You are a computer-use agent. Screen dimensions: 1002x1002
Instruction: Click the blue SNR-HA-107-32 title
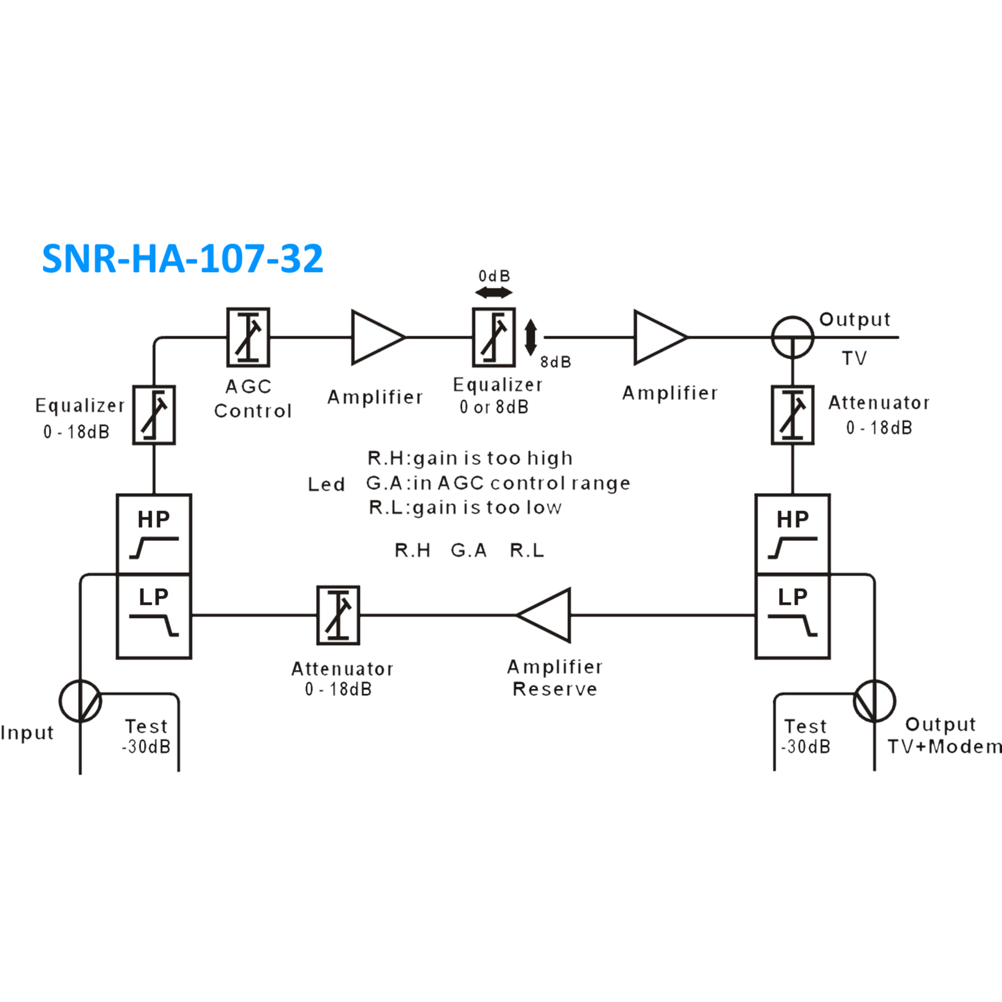point(182,258)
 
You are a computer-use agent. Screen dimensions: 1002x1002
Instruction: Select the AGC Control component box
point(248,337)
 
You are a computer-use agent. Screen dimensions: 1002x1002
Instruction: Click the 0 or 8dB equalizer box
point(493,337)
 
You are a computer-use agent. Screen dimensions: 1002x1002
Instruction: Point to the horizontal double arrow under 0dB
point(493,293)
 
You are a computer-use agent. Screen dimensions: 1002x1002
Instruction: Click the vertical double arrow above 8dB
point(531,337)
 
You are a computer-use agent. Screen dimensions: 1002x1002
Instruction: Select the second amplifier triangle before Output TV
point(658,337)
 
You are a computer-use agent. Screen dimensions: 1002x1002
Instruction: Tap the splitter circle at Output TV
point(792,337)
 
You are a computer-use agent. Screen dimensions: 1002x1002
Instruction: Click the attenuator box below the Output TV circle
point(792,415)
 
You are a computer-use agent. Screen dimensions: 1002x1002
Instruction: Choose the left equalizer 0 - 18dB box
point(154,415)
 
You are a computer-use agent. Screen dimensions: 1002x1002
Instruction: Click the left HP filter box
point(154,533)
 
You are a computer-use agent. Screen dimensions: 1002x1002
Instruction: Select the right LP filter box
point(792,616)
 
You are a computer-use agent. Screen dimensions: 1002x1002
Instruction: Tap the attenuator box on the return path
point(338,615)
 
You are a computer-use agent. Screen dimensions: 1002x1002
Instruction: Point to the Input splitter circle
point(80,701)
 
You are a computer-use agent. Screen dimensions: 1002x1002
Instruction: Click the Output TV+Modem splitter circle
point(874,701)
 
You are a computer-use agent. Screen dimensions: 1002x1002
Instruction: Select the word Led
point(326,484)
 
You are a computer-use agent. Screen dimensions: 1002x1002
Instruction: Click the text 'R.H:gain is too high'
point(470,458)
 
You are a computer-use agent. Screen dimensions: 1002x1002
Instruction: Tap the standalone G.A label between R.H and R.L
point(469,550)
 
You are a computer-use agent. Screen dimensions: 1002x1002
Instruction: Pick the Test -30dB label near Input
point(147,736)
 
